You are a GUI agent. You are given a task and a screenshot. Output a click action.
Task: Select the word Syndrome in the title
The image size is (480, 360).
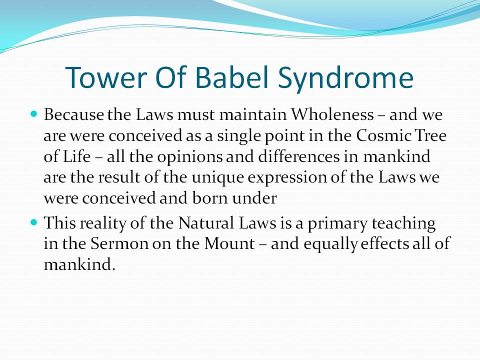tap(346, 79)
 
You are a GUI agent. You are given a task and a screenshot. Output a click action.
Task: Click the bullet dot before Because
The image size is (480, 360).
tap(34, 114)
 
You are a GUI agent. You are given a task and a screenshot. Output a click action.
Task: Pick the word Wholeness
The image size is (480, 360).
tap(332, 114)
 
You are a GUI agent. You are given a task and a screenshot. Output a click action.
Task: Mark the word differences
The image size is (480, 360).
tap(299, 156)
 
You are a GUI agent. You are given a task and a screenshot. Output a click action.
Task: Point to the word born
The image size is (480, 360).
tap(210, 198)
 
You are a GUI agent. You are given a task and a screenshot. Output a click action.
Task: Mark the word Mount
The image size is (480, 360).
tap(229, 243)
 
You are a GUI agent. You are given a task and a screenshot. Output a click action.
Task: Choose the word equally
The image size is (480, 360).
tap(331, 244)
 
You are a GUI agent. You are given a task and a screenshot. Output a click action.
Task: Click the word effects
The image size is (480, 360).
tap(385, 243)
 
